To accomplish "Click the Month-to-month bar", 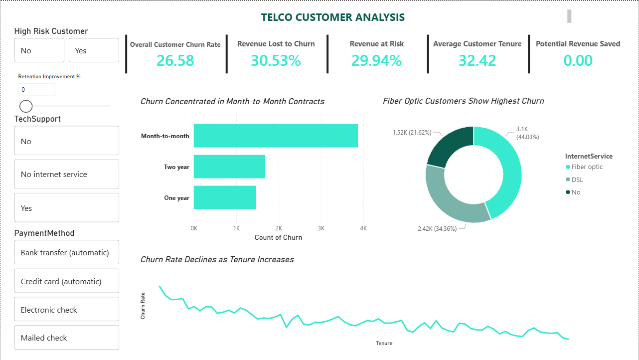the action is coord(276,136).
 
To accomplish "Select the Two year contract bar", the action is coord(229,167).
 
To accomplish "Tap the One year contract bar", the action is coord(225,197).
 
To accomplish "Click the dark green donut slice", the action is coord(449,146).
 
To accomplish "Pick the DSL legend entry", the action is coord(575,180).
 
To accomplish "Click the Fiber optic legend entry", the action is coord(584,167).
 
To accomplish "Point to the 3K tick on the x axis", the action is coord(321,228).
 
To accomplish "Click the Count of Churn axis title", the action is coord(278,237).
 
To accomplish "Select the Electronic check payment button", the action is coord(66,309).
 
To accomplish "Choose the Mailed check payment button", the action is coord(66,338).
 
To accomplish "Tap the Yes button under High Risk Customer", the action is coord(94,50).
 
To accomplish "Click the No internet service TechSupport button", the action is coord(66,174).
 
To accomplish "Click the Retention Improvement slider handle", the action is coord(26,106).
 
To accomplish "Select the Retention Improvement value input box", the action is coord(36,90).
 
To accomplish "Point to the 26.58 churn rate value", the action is coord(175,60).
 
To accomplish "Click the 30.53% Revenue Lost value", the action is coord(276,60).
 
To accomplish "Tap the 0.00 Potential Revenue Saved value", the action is coord(578,60).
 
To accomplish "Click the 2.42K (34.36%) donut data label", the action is coord(437,229).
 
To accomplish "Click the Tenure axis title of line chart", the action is coord(384,343).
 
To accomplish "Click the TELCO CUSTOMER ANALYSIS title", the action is coord(332,17).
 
